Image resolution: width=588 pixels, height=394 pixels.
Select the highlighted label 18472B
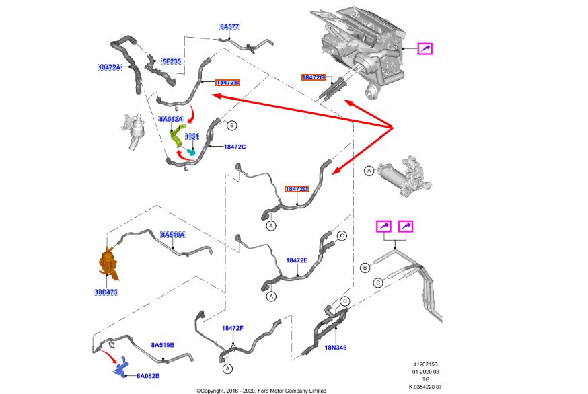(227, 83)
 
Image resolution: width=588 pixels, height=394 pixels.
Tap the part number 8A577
(229, 27)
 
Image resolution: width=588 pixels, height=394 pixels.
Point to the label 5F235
(172, 61)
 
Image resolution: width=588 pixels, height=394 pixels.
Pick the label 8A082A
(171, 119)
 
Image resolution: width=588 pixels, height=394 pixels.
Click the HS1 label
(192, 136)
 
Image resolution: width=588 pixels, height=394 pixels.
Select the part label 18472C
(235, 147)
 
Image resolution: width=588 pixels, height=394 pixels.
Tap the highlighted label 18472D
(296, 190)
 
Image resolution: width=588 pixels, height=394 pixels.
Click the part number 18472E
(297, 260)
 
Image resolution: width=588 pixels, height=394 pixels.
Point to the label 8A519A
(172, 235)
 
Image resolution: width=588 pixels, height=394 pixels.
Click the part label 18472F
(232, 328)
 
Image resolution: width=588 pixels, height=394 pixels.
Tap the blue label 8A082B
(148, 375)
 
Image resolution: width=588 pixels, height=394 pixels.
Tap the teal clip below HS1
(193, 152)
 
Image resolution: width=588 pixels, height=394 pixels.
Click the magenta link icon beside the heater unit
(425, 48)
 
